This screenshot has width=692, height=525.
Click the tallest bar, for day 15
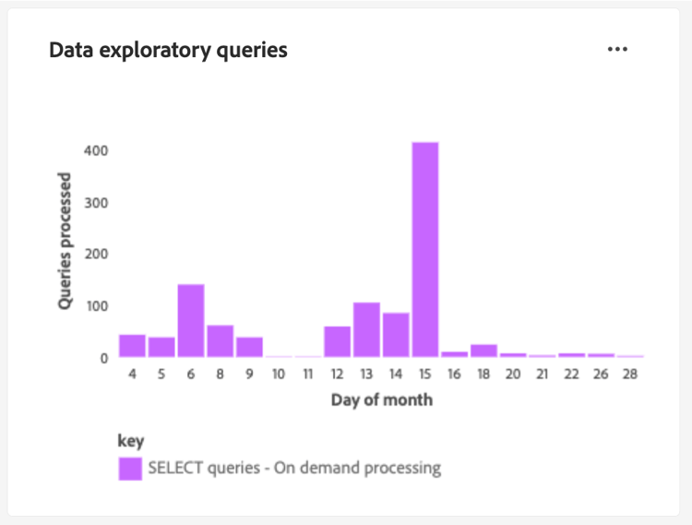(x=425, y=249)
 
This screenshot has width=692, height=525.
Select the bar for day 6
(x=191, y=321)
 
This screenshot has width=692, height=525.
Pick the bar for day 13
(x=366, y=329)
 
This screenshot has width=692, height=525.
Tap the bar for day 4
(x=132, y=346)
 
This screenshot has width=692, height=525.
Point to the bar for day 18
(x=483, y=351)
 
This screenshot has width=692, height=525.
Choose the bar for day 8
(x=220, y=341)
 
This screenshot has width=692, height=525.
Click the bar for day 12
(x=337, y=341)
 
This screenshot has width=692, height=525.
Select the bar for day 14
(x=396, y=335)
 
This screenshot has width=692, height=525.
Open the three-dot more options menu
(x=617, y=49)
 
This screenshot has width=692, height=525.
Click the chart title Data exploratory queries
(x=168, y=50)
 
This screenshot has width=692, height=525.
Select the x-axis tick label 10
(x=278, y=376)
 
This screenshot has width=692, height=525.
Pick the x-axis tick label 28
(x=630, y=376)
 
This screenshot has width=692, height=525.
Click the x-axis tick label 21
(x=543, y=376)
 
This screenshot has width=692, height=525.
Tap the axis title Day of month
(x=381, y=400)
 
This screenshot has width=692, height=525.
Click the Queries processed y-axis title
(x=65, y=240)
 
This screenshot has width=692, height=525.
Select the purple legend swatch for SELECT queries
(x=130, y=468)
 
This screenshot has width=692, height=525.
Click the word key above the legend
(x=131, y=441)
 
